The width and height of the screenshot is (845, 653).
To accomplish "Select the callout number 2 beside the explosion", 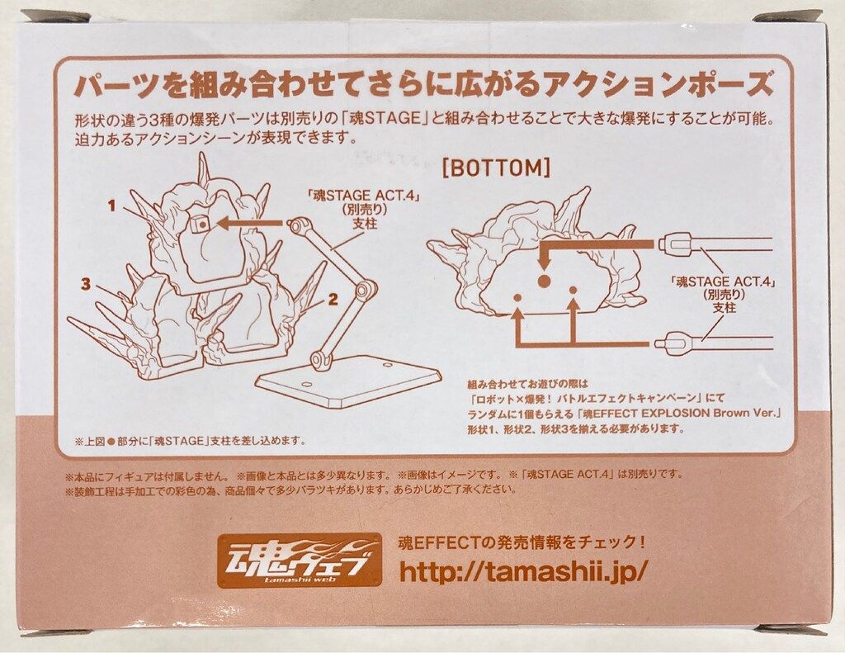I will click(x=331, y=300).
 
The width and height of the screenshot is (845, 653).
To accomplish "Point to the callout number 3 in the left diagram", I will click(x=85, y=284).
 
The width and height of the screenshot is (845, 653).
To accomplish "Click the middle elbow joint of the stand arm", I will click(x=364, y=289).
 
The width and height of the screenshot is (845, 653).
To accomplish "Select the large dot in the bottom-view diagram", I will click(x=544, y=281).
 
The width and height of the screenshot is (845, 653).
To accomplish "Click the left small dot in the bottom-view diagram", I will click(x=517, y=297).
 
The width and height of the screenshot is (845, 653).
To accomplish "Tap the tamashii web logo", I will click(x=300, y=559).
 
